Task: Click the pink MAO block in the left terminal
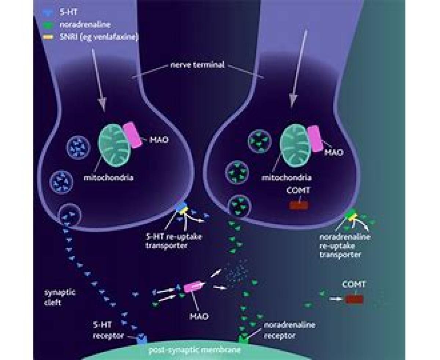(x=132, y=135)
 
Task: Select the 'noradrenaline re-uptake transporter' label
(x=344, y=246)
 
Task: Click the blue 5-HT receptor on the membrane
(x=142, y=339)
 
